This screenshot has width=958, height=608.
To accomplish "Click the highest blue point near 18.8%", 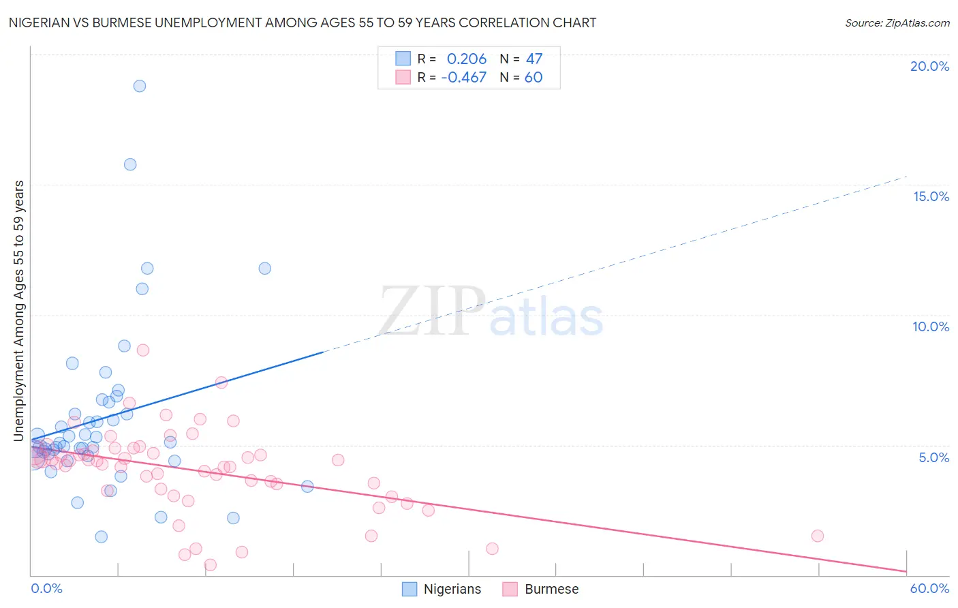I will [x=140, y=86].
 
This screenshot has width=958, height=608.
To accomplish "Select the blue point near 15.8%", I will [x=130, y=164].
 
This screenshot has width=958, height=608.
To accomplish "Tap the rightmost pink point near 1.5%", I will [x=818, y=536].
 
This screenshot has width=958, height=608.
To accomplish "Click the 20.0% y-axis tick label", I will [x=929, y=66].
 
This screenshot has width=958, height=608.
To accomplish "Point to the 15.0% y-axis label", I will [x=931, y=196].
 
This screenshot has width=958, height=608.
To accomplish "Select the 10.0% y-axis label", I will [x=931, y=326].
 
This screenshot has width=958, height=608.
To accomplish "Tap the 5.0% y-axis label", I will [x=933, y=457].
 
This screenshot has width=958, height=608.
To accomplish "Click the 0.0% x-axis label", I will [x=46, y=589].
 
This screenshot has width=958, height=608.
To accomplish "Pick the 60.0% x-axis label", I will [x=929, y=589].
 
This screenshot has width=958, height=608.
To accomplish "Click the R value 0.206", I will [x=467, y=59].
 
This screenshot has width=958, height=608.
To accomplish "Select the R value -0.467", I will [x=464, y=78].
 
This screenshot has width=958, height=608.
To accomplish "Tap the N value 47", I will [x=534, y=59].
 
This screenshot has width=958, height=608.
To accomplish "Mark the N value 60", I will [x=534, y=78].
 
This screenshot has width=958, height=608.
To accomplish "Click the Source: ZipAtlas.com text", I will [x=897, y=23].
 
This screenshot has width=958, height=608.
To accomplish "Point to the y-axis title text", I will [x=19, y=311].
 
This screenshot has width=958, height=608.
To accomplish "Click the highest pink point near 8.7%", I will [x=143, y=350].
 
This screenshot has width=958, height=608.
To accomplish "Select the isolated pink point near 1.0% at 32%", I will [x=492, y=549].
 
